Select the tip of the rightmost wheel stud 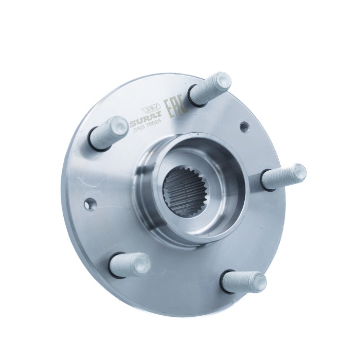(298, 172)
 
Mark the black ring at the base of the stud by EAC (194, 96)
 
